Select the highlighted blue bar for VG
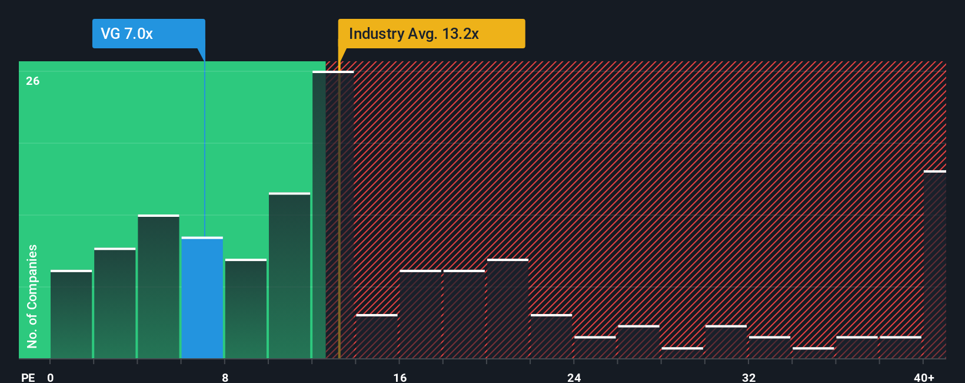[x=202, y=298]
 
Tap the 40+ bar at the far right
[x=934, y=265]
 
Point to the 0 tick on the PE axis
[x=51, y=377]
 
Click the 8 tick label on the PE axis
[x=225, y=377]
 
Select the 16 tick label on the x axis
[x=400, y=377]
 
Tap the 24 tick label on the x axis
[x=574, y=377]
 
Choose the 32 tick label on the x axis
[x=748, y=377]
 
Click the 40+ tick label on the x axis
[x=924, y=377]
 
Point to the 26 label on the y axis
[x=33, y=81]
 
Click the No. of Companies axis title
[x=32, y=296]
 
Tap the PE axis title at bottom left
[x=28, y=377]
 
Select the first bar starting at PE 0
[x=71, y=315]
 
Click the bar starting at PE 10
[x=289, y=276]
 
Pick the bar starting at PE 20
[x=508, y=309]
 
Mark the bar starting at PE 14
[x=377, y=336]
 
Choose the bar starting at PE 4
[x=158, y=287]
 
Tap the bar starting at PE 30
[x=726, y=342]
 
